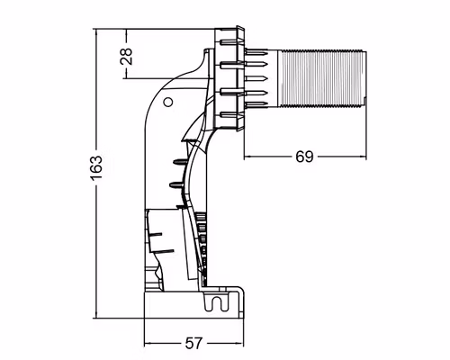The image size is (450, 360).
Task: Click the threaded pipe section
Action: point(319,76)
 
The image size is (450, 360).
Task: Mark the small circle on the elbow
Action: point(167,103)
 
